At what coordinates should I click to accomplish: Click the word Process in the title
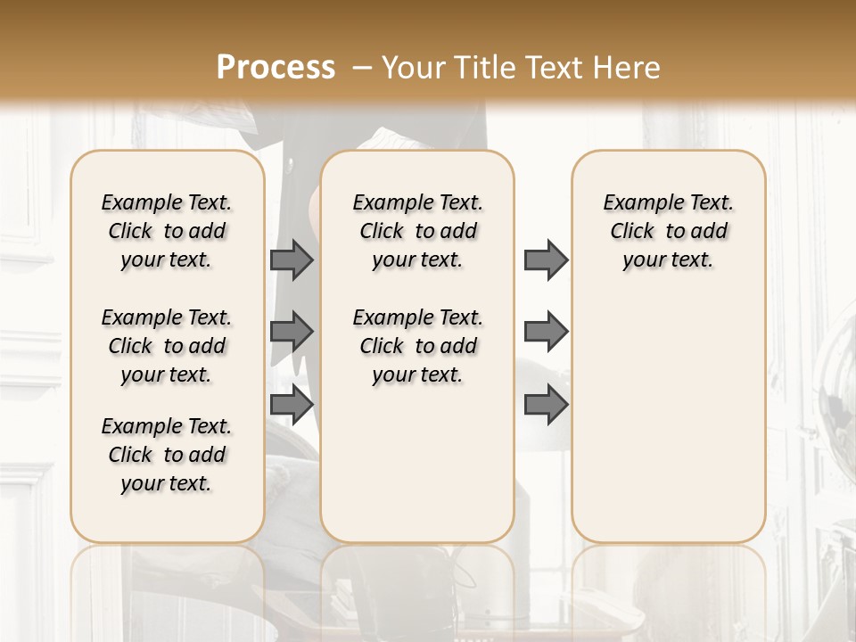(276, 68)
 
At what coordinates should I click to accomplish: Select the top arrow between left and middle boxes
(292, 259)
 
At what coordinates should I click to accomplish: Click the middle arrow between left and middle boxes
(292, 332)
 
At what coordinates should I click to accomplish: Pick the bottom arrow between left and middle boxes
(292, 405)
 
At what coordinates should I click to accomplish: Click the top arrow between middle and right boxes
(546, 259)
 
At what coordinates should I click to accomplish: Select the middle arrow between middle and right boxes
(546, 332)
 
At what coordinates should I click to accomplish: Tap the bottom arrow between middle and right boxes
(546, 405)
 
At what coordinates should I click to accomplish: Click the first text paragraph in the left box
(167, 231)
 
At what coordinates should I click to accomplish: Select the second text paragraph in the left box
(167, 346)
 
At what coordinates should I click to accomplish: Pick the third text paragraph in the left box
(167, 455)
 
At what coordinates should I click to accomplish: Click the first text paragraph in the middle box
(417, 231)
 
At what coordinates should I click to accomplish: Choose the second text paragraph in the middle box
(417, 346)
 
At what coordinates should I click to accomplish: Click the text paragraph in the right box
(669, 231)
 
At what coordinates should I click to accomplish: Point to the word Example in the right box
(638, 203)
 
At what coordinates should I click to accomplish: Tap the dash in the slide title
(362, 68)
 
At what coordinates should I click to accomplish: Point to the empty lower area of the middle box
(417, 464)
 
